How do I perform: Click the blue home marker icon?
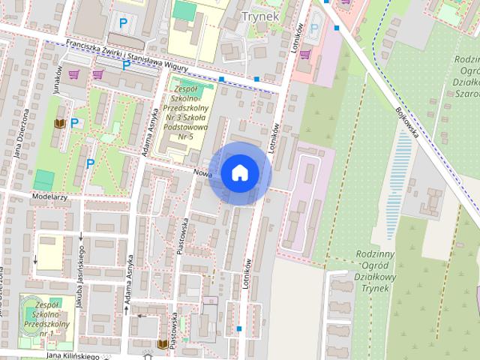point(239,173)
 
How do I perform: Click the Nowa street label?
point(202,172)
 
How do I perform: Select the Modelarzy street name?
point(50,196)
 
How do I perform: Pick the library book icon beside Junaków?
point(60,123)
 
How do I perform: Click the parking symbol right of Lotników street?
point(314,31)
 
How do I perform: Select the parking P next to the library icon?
point(75,123)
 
